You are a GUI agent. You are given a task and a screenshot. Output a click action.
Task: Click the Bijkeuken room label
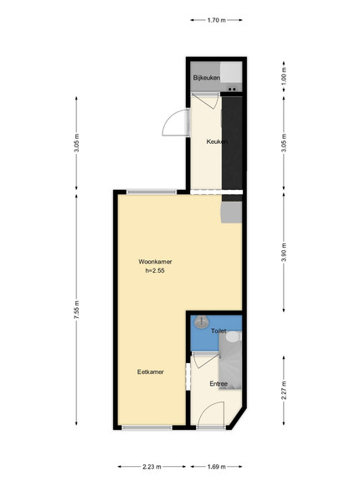point(206,78)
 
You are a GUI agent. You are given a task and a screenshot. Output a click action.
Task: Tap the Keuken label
point(217,141)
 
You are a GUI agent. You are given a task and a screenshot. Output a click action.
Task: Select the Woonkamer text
point(155,262)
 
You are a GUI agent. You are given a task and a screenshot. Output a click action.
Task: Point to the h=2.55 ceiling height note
point(155,270)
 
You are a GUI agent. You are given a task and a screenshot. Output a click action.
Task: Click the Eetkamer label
point(150,371)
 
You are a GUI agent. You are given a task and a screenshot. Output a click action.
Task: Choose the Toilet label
point(219,330)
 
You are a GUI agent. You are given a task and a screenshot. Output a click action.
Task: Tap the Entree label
point(219,383)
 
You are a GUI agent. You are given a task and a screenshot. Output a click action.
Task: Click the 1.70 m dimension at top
point(217,20)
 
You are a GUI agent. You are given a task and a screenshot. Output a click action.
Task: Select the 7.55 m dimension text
point(76,310)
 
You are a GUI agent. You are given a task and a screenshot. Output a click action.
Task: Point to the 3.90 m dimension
point(284,253)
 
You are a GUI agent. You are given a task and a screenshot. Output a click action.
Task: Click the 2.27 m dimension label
point(284,390)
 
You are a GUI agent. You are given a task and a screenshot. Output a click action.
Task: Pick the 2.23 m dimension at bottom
point(152,467)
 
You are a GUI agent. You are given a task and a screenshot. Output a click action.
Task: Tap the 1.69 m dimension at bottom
point(217,467)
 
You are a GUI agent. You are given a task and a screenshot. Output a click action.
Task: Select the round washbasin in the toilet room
point(201,322)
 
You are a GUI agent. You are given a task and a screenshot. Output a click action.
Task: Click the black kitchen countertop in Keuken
point(232,142)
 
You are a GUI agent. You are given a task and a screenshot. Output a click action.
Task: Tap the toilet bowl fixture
point(234,336)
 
